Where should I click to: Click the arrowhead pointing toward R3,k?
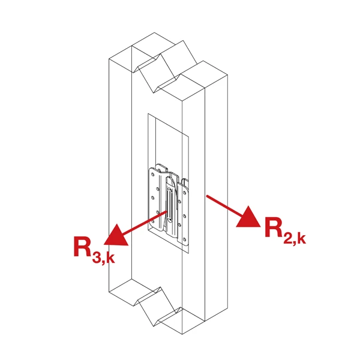[116, 236]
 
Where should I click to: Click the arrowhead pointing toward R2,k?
[248, 217]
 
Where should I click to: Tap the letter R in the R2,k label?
[274, 227]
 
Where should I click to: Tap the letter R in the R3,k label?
[83, 246]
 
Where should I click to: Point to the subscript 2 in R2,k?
[289, 238]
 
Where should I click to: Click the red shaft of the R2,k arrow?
[224, 205]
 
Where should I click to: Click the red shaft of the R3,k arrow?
[144, 223]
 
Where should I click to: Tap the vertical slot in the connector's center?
[169, 205]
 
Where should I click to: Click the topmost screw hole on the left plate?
[153, 175]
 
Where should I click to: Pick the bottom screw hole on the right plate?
[185, 239]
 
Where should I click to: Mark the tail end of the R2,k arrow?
[207, 196]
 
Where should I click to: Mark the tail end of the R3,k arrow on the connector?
[166, 212]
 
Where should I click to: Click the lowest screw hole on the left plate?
[152, 221]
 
